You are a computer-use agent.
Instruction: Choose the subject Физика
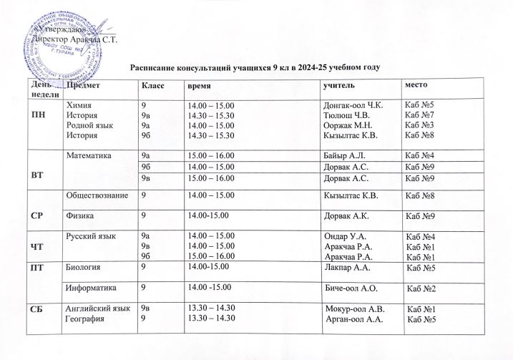pyautogui.click(x=79, y=215)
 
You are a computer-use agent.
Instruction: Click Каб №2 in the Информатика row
pyautogui.click(x=421, y=288)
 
